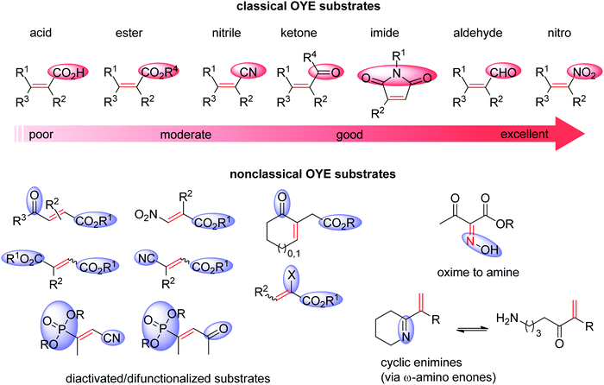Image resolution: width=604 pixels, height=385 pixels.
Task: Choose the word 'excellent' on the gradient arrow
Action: [x=514, y=136]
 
